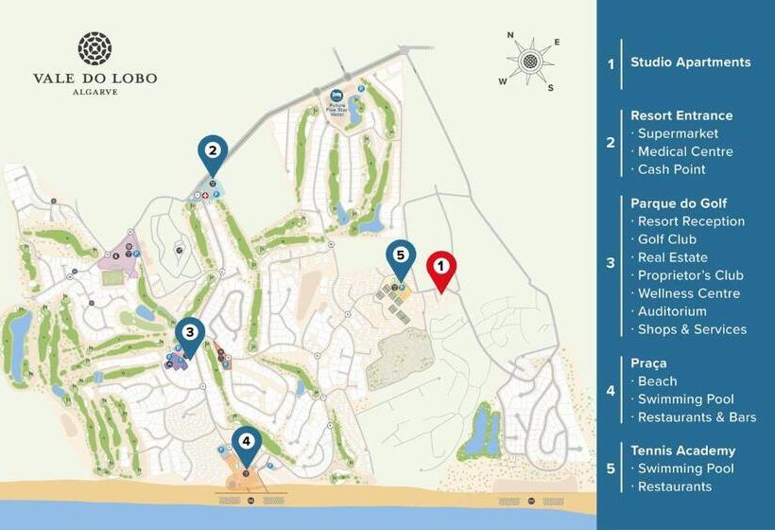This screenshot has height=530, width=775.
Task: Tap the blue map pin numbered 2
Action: pos(213,151)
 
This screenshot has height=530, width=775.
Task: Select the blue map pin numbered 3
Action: pos(190,334)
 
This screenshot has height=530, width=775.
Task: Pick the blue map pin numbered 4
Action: pos(247,442)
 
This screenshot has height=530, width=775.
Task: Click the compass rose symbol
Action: pos(531,62)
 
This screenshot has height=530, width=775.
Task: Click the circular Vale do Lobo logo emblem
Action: pos(95,48)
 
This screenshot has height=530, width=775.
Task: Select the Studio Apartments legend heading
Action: pos(691,62)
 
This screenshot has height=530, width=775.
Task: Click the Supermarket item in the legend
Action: pos(678,133)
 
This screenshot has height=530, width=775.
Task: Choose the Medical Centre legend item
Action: pos(684,151)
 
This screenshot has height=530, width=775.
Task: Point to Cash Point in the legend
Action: pos(671,169)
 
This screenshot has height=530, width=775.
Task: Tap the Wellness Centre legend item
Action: pos(688,293)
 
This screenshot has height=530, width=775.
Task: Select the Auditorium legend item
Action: pos(672,311)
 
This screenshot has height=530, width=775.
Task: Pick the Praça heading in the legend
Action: pos(650,362)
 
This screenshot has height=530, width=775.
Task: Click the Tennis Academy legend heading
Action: pos(682,450)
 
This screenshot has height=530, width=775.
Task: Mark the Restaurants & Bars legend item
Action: pos(697,417)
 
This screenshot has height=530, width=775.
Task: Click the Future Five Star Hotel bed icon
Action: pos(337,96)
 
